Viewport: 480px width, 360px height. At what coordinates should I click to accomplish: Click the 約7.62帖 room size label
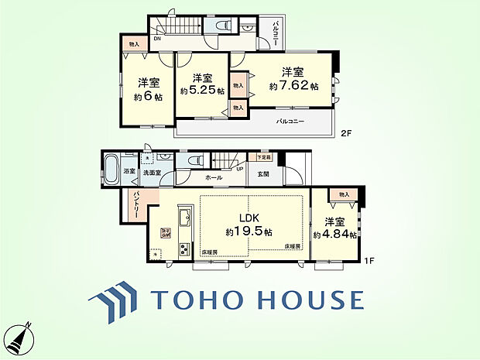pos(293,87)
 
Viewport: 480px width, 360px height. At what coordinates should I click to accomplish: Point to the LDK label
pos(247,220)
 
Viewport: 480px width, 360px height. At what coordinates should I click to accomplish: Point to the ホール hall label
pos(214,178)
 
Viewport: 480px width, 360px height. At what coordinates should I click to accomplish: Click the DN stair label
pos(157,37)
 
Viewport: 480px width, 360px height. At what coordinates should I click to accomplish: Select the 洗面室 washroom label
pos(151,173)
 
